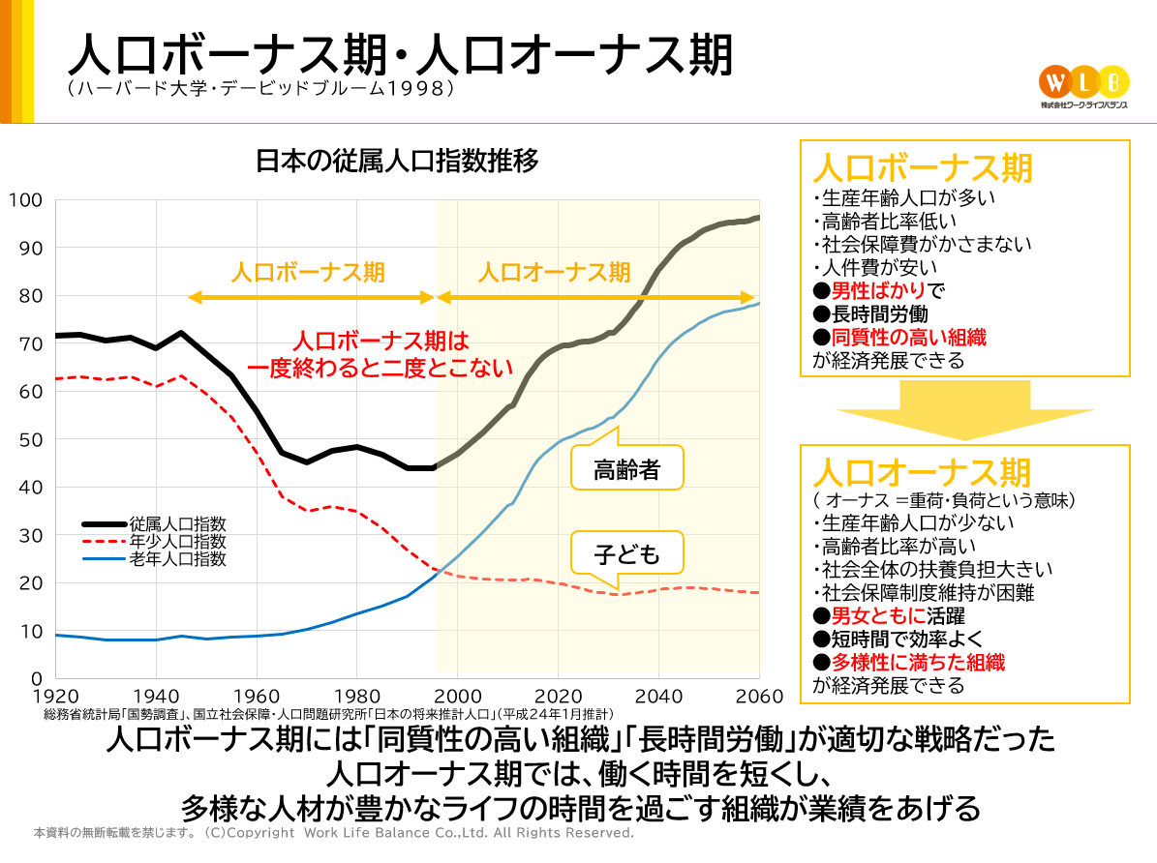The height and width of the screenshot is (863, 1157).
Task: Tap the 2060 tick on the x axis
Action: pos(758,697)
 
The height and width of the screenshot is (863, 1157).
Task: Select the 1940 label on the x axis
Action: pos(156,697)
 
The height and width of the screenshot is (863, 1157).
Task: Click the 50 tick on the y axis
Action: pos(31,439)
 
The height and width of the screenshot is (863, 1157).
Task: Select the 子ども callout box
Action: pos(627,554)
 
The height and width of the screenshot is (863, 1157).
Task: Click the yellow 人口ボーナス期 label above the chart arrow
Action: pos(308,272)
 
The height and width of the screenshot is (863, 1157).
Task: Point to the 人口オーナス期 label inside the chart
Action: pos(554,272)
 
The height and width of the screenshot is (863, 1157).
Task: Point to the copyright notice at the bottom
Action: pos(334,833)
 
